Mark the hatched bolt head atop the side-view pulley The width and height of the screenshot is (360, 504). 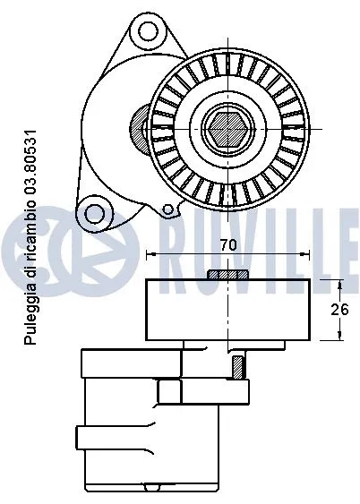coord(227,274)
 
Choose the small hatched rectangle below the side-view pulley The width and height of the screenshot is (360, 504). coord(237,365)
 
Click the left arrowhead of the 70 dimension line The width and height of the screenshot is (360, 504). coord(149,256)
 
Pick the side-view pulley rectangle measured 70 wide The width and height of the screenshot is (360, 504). coord(227,310)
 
